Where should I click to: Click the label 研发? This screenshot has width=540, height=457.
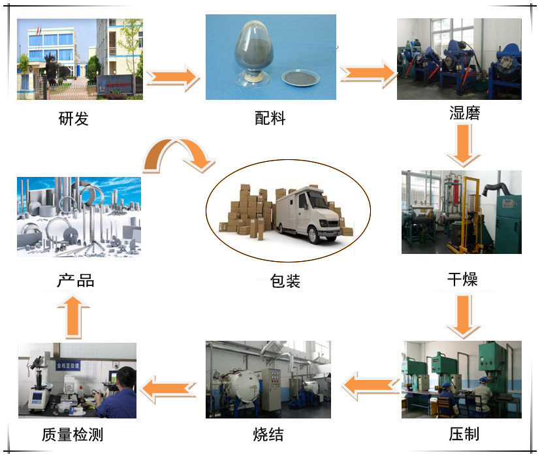click(x=74, y=119)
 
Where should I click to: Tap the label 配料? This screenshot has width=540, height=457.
click(x=270, y=119)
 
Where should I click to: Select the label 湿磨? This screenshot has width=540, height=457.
click(x=464, y=113)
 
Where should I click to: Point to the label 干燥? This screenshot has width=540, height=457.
click(x=462, y=279)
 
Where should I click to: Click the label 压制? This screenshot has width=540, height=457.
click(x=464, y=433)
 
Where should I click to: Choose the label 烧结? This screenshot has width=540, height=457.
click(x=268, y=433)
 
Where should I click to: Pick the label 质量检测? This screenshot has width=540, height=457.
click(x=72, y=433)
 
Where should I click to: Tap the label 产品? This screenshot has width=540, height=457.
click(x=76, y=281)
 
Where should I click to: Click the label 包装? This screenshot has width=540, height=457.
click(x=285, y=281)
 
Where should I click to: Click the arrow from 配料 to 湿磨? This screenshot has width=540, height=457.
click(x=368, y=74)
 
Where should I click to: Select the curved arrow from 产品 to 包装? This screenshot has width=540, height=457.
click(x=178, y=157)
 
